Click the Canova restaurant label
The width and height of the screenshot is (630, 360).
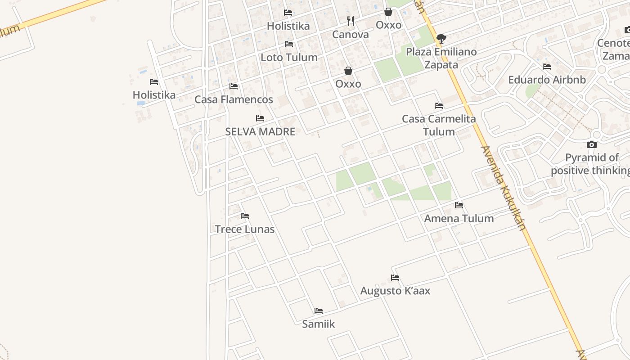click(350, 35)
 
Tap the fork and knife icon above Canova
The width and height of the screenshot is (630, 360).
click(351, 21)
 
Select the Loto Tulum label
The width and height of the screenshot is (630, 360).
click(289, 58)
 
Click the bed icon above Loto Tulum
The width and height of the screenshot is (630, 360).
click(289, 44)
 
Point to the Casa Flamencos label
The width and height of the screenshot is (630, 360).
click(234, 99)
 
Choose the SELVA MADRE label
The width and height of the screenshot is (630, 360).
click(260, 132)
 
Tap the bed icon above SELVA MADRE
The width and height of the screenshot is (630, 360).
click(260, 118)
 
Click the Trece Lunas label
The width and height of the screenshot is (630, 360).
click(245, 229)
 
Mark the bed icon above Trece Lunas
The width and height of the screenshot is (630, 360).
click(245, 216)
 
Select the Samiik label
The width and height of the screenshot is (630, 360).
click(319, 324)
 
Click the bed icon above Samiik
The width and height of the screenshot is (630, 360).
click(319, 311)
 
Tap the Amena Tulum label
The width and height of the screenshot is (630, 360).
click(459, 219)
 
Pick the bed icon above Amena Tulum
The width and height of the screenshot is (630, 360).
click(459, 205)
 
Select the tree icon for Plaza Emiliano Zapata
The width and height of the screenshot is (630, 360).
click(441, 39)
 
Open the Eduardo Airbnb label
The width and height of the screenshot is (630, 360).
click(547, 80)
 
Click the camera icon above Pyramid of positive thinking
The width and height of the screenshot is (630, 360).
click(592, 144)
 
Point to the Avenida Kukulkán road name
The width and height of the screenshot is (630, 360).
click(504, 188)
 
